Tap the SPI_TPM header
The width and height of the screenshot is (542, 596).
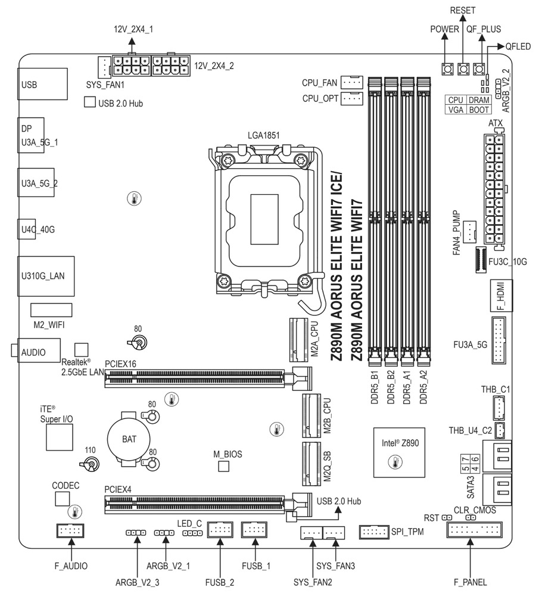pyautogui.click(x=374, y=531)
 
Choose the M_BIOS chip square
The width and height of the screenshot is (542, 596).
pyautogui.click(x=224, y=465)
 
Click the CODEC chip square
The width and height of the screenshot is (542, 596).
pyautogui.click(x=63, y=498)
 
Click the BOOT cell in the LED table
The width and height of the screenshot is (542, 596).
pyautogui.click(x=478, y=110)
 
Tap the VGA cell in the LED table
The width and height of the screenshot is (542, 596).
pyautogui.click(x=456, y=110)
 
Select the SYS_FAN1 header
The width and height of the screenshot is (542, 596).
pyautogui.click(x=104, y=67)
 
